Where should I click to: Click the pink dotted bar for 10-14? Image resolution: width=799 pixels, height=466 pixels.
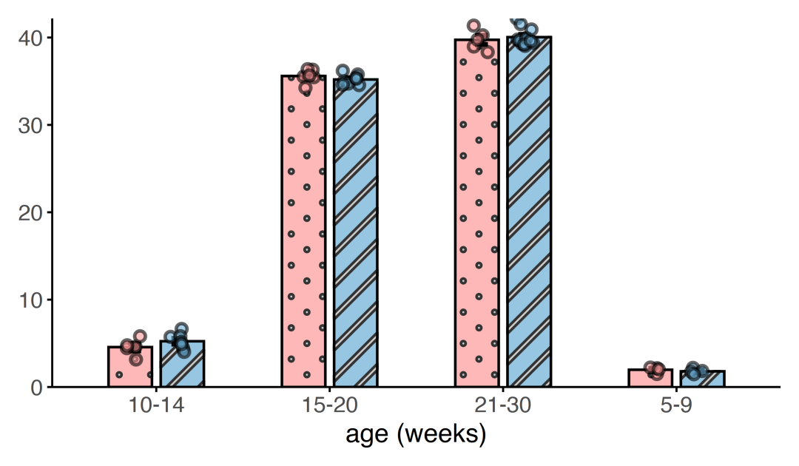click(130, 367)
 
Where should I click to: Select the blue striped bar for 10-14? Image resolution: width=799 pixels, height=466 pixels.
click(182, 364)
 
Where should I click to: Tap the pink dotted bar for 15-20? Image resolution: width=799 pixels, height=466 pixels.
click(304, 232)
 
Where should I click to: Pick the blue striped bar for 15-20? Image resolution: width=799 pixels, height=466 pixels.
click(356, 233)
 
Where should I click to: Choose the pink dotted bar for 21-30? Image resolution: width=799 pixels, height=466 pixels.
click(477, 213)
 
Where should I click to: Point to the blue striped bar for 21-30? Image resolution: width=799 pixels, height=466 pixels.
click(529, 212)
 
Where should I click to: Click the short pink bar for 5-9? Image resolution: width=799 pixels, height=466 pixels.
click(651, 378)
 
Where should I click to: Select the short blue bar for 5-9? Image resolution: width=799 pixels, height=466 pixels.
click(703, 379)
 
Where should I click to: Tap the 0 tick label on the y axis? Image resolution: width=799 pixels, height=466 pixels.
click(36, 388)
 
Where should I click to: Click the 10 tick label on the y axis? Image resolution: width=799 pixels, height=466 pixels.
click(30, 300)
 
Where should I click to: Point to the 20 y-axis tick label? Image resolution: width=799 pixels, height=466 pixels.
click(30, 212)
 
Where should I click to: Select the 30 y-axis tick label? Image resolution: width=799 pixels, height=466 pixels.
click(30, 125)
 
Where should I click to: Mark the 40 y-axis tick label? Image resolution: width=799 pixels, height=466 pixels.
click(30, 38)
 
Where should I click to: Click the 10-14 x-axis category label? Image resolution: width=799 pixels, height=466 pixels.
click(156, 405)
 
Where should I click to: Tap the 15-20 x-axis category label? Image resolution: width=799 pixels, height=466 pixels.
click(330, 405)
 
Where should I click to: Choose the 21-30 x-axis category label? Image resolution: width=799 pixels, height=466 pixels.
click(503, 405)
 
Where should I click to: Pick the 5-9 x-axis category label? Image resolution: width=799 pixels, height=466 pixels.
click(677, 405)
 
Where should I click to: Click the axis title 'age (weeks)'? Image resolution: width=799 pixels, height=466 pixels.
click(416, 434)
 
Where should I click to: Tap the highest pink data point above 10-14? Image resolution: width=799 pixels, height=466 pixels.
click(140, 336)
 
